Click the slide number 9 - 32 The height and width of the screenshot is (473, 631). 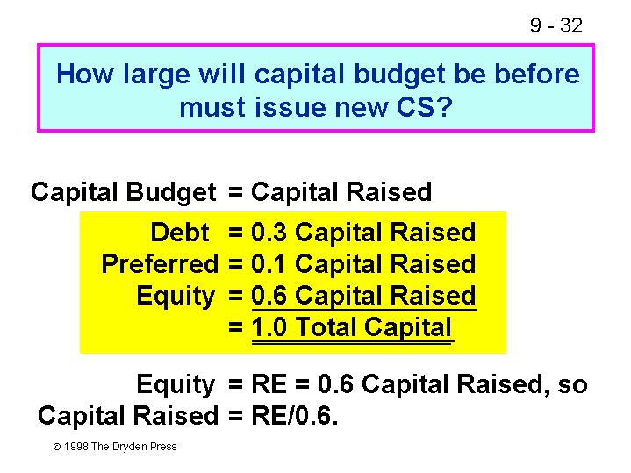tap(556, 25)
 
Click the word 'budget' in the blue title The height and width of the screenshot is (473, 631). tap(399, 75)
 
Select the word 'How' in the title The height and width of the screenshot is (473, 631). tap(85, 74)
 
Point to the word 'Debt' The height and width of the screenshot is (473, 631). tap(180, 233)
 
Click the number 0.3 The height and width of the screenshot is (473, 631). tap(269, 233)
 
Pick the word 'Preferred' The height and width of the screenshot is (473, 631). tap(160, 264)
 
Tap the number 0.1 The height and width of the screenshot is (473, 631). tap(268, 264)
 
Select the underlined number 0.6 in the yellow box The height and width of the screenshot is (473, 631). tap(269, 296)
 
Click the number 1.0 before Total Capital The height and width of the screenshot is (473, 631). tap(269, 326)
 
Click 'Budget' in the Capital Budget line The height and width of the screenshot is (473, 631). tap(171, 192)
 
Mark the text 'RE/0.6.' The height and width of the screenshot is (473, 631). tap(295, 415)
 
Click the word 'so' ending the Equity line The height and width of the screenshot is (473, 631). tap(573, 385)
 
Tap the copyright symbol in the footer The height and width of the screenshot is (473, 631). tap(57, 447)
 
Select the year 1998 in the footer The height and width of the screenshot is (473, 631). tap(76, 447)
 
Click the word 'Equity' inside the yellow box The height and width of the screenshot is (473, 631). tap(176, 297)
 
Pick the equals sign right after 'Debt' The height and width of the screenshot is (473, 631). tap(235, 233)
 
